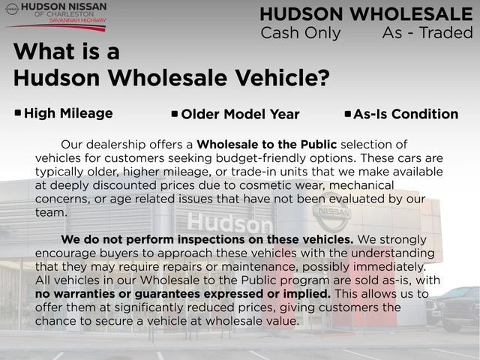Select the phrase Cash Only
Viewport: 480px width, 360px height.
300,33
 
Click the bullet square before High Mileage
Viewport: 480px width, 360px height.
18,113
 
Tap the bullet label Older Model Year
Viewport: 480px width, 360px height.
240,115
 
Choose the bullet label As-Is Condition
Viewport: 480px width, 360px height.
406,114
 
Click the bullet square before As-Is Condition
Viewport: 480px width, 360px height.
348,114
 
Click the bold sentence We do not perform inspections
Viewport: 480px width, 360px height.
207,239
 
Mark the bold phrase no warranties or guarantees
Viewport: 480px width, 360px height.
182,293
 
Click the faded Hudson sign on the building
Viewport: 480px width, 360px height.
229,223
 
